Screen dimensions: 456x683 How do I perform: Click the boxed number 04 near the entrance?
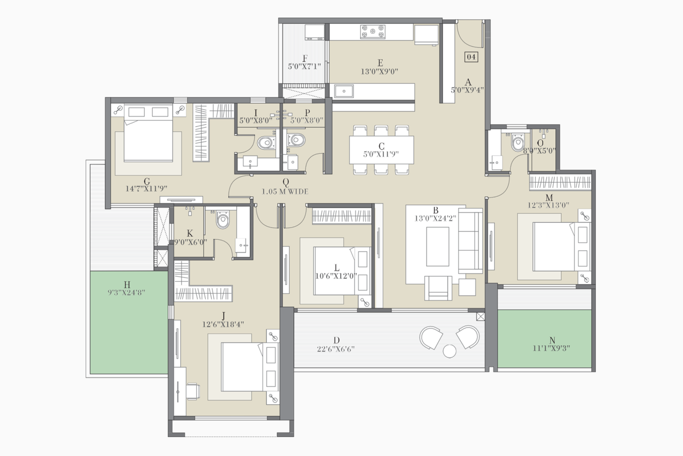(471, 56)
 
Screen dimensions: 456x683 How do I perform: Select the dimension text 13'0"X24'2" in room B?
(435, 218)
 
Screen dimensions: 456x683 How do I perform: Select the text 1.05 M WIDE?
(285, 191)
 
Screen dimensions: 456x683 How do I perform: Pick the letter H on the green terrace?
(127, 285)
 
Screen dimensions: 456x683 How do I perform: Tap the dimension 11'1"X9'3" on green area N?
(551, 348)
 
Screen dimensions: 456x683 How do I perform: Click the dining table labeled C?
(381, 150)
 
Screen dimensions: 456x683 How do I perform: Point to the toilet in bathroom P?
(296, 140)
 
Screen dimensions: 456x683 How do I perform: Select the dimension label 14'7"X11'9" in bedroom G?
(146, 188)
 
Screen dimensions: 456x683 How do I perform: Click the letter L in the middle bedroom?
(336, 268)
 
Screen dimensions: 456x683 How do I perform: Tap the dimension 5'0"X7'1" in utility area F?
(304, 67)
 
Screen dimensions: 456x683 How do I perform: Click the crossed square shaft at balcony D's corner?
(481, 316)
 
